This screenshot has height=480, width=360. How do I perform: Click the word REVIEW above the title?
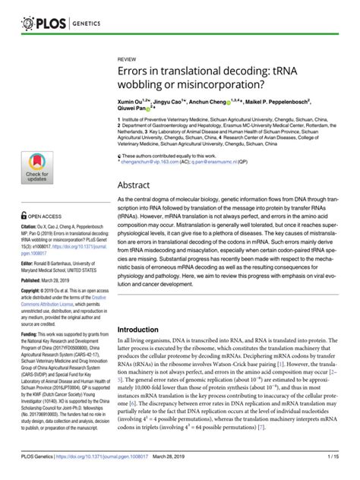(128, 58)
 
